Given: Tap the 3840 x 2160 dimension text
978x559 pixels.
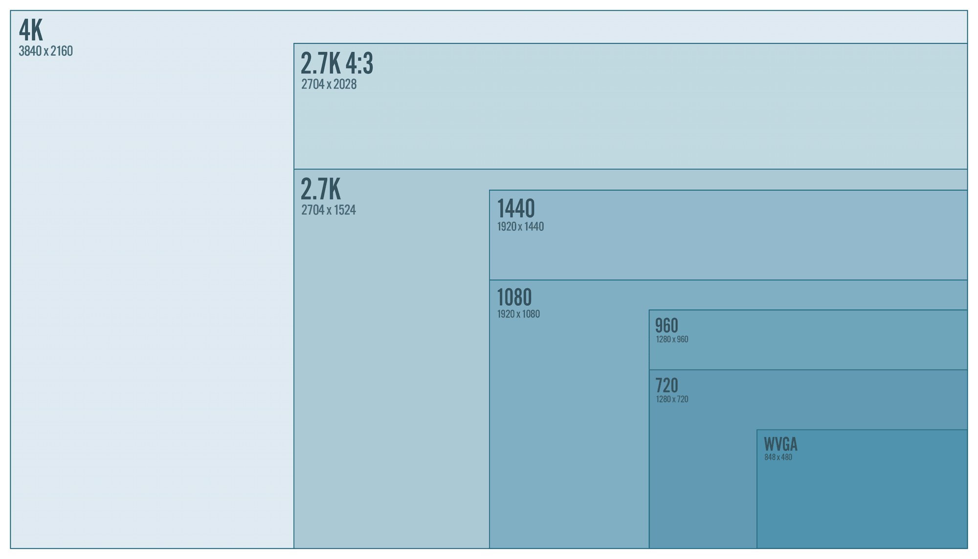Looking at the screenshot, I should [x=45, y=51].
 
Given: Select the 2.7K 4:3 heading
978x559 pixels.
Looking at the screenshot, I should [x=336, y=63].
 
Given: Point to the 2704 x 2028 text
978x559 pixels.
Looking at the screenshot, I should [x=329, y=85].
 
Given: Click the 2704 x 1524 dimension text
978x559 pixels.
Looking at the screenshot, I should [x=328, y=210].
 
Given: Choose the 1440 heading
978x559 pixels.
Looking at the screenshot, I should [x=516, y=208].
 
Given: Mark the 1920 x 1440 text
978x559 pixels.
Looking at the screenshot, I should [x=520, y=227].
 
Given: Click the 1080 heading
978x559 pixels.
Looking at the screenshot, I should [x=514, y=297].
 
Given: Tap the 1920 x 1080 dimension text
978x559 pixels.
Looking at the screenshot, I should [x=518, y=314].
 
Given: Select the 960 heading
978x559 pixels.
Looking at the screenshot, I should [x=667, y=326].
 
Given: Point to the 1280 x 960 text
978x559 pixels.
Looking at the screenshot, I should [x=672, y=339].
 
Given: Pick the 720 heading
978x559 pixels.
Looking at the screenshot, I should [x=667, y=385].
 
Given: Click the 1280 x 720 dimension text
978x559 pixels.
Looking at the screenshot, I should [x=672, y=400].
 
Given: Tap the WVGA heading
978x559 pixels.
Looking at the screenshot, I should [x=780, y=444].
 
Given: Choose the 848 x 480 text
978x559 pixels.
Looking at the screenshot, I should [x=778, y=457].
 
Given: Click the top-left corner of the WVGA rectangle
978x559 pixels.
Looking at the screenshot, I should [x=757, y=430].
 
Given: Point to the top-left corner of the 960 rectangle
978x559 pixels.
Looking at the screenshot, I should [x=649, y=310].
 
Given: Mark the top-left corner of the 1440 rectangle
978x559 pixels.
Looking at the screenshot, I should [x=489, y=190].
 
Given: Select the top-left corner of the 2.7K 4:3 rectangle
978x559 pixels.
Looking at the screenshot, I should [x=294, y=44].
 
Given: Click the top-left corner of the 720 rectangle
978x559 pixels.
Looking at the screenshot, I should [x=649, y=370].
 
